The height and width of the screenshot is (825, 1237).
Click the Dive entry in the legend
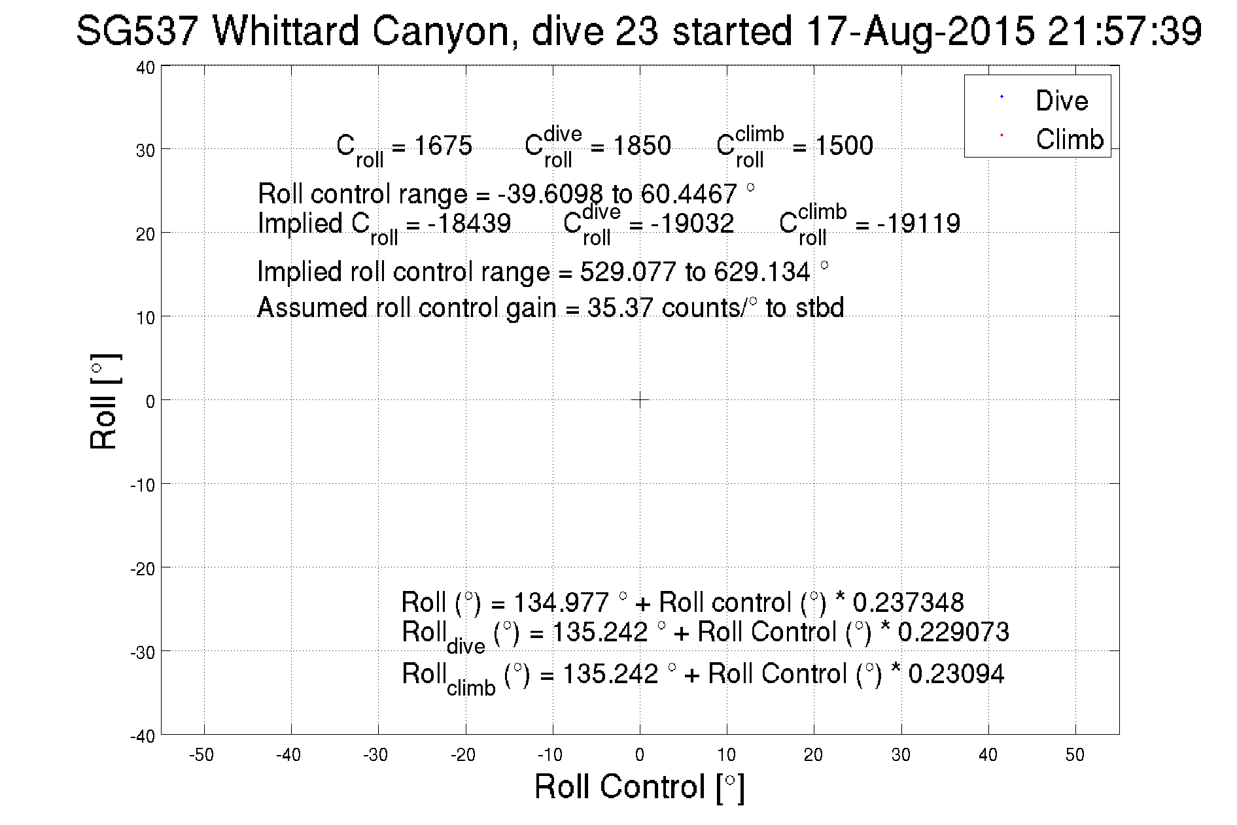point(1061,101)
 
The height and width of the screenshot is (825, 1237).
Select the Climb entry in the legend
point(1069,139)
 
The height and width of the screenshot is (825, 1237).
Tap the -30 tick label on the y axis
point(143,652)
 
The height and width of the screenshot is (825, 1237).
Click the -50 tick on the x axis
point(201,755)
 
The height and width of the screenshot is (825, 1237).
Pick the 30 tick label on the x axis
point(901,755)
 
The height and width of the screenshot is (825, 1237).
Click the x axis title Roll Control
point(639,786)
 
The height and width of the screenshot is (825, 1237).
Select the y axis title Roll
point(104,402)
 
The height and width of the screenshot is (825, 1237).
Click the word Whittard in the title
point(285,31)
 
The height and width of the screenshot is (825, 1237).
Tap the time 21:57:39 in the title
point(1124,31)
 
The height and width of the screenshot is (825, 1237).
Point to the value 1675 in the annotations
point(443,145)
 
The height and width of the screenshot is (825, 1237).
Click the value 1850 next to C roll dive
point(642,145)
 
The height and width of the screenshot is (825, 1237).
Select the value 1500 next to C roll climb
point(844,145)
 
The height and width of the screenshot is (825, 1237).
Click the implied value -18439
point(469,224)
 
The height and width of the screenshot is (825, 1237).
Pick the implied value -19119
point(918,224)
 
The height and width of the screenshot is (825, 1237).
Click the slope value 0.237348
point(909,602)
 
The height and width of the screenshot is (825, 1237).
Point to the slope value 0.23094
point(956,673)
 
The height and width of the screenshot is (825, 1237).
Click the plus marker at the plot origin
point(640,399)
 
